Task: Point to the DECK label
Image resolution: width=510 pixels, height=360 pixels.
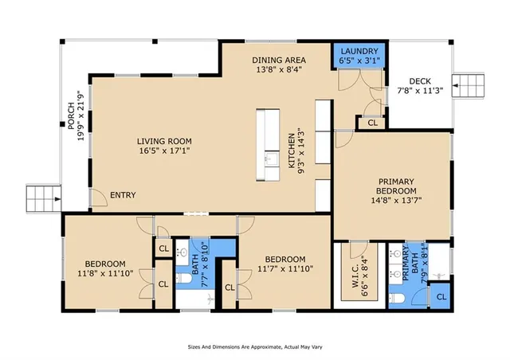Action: (419, 80)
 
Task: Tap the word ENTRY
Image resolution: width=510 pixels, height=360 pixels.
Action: (123, 194)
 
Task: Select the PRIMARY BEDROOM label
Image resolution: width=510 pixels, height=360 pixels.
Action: (397, 186)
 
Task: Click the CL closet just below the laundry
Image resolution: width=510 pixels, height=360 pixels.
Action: (371, 123)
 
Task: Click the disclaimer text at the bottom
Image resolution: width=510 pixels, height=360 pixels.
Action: (255, 347)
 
